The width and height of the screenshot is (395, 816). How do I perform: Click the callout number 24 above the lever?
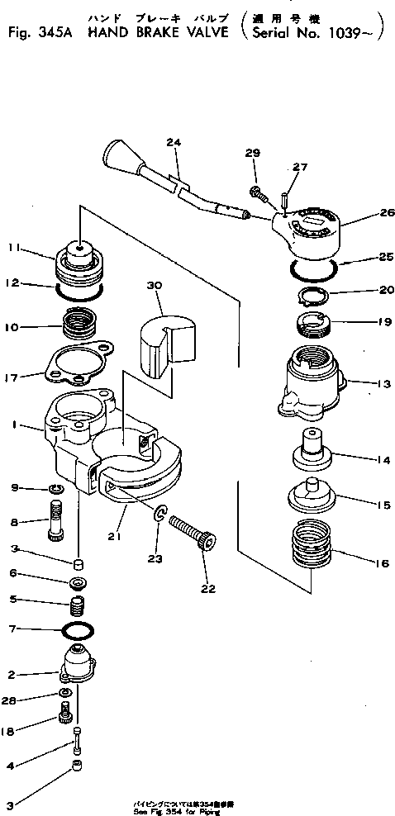click(172, 142)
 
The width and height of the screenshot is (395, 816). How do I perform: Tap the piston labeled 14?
click(311, 450)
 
